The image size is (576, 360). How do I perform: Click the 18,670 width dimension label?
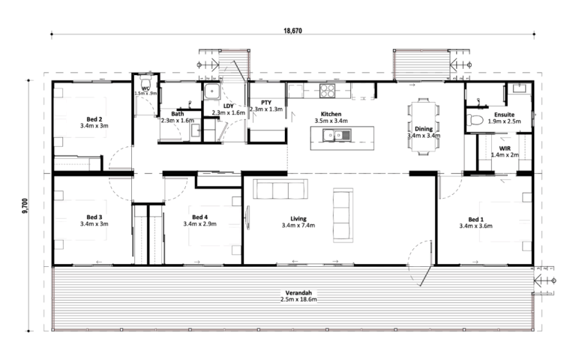coord(292,31)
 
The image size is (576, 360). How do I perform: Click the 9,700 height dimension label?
coord(25,206)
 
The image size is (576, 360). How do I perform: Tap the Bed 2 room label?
coord(94,119)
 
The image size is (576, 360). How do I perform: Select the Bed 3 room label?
coord(94,217)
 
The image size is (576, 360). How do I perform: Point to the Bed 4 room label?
coord(199,217)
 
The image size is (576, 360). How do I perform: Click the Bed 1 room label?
coord(475,220)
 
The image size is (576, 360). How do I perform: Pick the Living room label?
coord(298,218)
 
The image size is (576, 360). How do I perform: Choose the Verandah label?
coord(298,292)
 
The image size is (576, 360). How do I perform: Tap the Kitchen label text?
coord(331,114)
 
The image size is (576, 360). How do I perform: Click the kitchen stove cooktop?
coord(327,90)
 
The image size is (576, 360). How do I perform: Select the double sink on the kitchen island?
coord(337,135)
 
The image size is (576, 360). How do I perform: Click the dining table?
coord(423,127)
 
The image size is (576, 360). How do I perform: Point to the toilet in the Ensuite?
coord(474,120)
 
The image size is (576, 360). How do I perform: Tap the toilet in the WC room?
coord(145,82)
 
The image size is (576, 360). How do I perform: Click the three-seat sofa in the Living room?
coord(280,189)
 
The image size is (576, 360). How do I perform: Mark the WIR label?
coord(504,148)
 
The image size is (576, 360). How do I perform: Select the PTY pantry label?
coord(266,103)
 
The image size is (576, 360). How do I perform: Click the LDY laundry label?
coord(228,106)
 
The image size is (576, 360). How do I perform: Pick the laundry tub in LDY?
coord(212,91)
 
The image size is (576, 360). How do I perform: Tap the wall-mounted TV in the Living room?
coord(247,217)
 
